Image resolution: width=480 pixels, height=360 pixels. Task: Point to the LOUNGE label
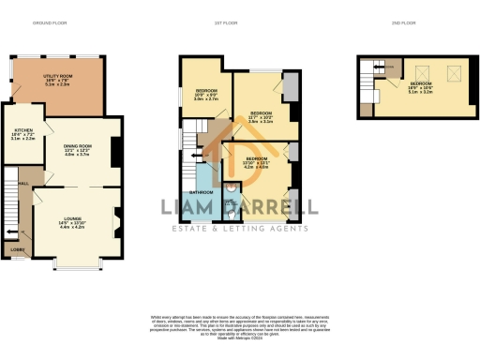[x=72, y=219]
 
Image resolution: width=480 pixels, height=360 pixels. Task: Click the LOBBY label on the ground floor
[x=17, y=250]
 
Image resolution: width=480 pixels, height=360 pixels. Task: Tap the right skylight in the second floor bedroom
[x=457, y=69]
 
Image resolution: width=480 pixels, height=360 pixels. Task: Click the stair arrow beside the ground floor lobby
[x=12, y=231]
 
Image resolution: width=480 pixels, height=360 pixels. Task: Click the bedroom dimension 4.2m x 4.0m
[x=257, y=169]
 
